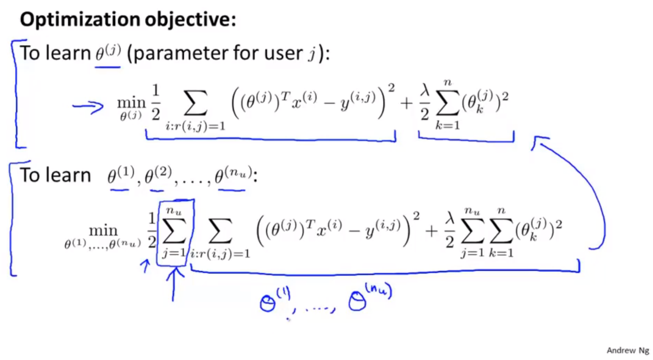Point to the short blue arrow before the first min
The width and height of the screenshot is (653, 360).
pos(88,106)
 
